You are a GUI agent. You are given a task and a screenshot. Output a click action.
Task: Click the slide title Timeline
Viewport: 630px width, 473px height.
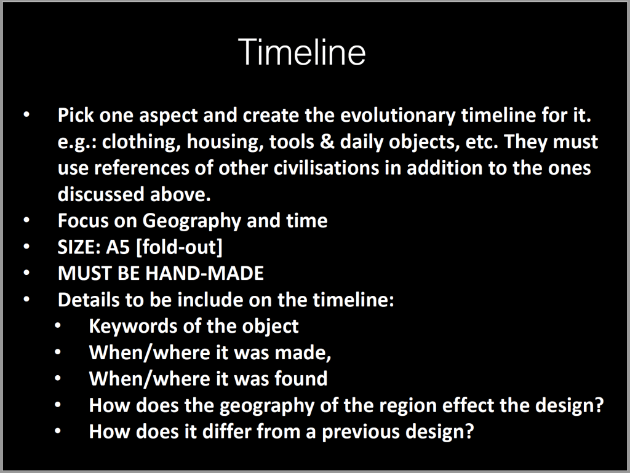pyautogui.click(x=301, y=52)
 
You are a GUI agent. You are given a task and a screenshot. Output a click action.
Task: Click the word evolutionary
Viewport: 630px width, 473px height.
pyautogui.click(x=398, y=116)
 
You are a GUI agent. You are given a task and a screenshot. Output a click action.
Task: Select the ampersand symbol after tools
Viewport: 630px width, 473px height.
pyautogui.click(x=327, y=141)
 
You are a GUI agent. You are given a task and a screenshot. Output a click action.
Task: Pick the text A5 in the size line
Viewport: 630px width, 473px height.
pyautogui.click(x=118, y=247)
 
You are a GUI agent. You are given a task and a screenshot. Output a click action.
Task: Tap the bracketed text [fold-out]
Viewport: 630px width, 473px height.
pyautogui.click(x=179, y=247)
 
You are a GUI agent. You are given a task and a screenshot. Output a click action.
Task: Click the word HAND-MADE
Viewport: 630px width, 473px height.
pyautogui.click(x=204, y=274)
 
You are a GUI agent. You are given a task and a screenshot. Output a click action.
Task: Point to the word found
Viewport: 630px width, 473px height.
pyautogui.click(x=301, y=379)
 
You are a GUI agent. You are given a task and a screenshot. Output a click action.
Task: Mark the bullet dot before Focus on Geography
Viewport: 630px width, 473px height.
pyautogui.click(x=26, y=220)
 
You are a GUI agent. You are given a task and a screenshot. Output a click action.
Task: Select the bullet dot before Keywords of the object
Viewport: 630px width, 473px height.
pyautogui.click(x=58, y=325)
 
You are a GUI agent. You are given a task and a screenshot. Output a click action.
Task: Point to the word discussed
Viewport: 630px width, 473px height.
pyautogui.click(x=101, y=194)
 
